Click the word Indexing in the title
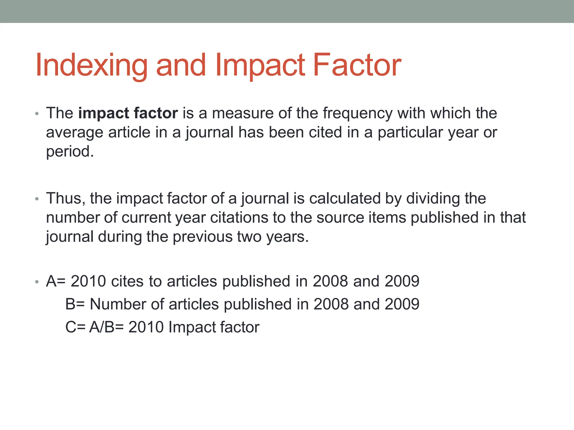click(x=91, y=66)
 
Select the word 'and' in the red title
click(x=181, y=65)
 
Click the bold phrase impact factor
click(x=128, y=113)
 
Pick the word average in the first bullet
click(x=75, y=132)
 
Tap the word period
click(x=70, y=152)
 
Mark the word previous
click(x=202, y=237)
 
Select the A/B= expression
click(x=106, y=327)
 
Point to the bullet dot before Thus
click(x=37, y=199)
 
